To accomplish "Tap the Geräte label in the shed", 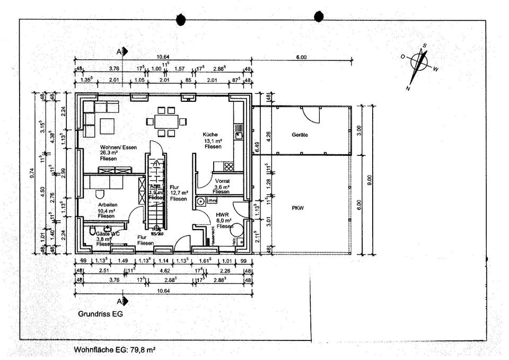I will point(300,135).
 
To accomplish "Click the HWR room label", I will point(222,215).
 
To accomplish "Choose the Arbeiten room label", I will point(107,205).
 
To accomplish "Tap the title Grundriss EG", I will point(100,314).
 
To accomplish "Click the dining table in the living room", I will point(166,120).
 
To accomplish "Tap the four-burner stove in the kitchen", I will point(229,165).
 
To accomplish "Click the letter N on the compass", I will point(408,87).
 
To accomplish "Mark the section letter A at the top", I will point(120,51).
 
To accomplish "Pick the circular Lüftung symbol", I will point(201,201).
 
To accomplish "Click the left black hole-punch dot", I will point(181,19).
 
